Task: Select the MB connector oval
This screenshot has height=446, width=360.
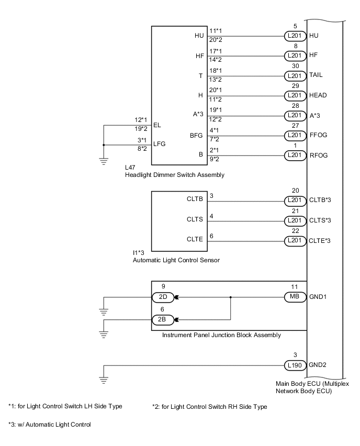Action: coord(294,296)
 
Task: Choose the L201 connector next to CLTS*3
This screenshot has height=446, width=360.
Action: coord(294,220)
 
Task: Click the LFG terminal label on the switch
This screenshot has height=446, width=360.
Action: coord(160,144)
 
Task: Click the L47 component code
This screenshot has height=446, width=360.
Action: coord(130,168)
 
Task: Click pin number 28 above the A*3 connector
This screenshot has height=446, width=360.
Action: coord(296,106)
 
